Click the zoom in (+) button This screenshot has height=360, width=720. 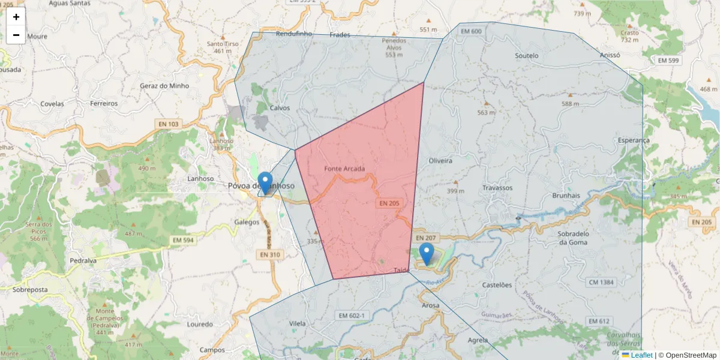16,17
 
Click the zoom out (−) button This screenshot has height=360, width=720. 16,35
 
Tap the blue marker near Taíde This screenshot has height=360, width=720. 427,254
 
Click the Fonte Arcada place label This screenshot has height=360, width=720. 344,169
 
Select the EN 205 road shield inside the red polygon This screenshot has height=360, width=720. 389,203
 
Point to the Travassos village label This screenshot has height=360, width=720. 497,188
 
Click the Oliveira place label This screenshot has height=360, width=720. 440,161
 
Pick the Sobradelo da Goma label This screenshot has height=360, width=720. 571,238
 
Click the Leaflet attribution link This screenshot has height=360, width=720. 641,355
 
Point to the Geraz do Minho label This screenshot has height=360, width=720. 164,86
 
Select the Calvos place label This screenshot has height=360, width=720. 280,108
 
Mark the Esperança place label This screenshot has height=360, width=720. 634,140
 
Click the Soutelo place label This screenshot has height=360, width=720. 527,56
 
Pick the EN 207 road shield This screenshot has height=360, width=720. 425,238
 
